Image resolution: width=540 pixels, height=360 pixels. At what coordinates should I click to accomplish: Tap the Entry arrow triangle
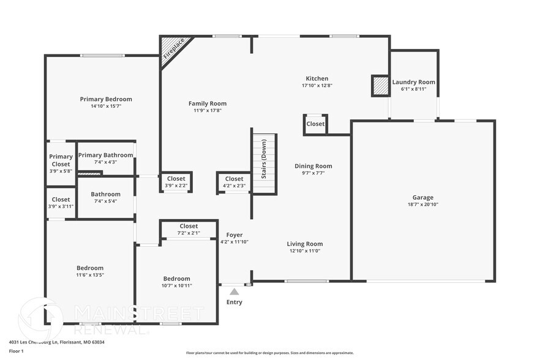[x=234, y=291]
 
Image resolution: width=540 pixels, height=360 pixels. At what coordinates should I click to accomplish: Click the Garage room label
[x=422, y=197]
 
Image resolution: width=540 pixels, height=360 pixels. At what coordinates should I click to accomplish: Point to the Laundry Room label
[x=414, y=82]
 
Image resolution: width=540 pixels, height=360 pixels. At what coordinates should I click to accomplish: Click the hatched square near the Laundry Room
[x=381, y=86]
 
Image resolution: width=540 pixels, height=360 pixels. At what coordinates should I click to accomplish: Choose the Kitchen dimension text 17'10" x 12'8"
[x=317, y=86]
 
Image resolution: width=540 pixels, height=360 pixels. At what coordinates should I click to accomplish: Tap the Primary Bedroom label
[x=106, y=99]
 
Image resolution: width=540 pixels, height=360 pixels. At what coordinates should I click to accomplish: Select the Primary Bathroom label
[x=105, y=155]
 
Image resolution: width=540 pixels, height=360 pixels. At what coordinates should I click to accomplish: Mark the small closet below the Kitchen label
[x=315, y=124]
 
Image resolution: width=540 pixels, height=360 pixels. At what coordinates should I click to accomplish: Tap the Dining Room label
[x=313, y=166]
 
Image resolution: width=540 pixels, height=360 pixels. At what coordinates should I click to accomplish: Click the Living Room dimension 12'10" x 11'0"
[x=304, y=250]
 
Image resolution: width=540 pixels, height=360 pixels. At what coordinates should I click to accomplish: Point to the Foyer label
[x=234, y=235]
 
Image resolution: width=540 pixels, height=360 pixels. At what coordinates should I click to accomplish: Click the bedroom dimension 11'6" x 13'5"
[x=90, y=275]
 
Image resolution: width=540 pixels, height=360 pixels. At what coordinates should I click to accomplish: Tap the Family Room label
[x=208, y=103]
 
